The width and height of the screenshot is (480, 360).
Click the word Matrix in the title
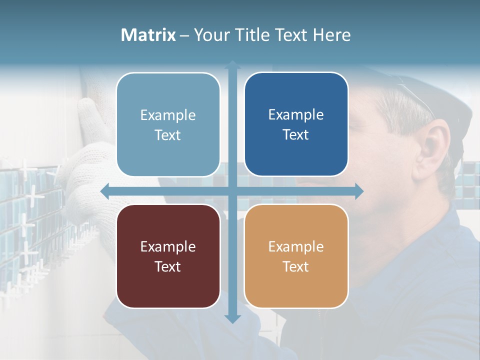pyautogui.click(x=148, y=35)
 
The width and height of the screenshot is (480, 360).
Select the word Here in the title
pyautogui.click(x=331, y=35)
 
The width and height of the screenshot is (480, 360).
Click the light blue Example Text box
pyautogui.click(x=168, y=124)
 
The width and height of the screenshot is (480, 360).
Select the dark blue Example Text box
pyautogui.click(x=296, y=124)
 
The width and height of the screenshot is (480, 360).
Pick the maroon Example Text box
pyautogui.click(x=168, y=256)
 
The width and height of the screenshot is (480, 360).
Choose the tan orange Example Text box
pyautogui.click(x=296, y=256)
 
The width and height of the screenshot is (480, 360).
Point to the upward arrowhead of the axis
pyautogui.click(x=232, y=65)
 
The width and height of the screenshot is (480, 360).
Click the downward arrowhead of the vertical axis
pyautogui.click(x=232, y=318)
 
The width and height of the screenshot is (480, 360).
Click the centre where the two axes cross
pyautogui.click(x=232, y=191)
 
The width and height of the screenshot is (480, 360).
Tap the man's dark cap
pyautogui.click(x=440, y=95)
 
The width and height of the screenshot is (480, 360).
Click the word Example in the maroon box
pyautogui.click(x=168, y=246)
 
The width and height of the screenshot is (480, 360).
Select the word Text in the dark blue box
pyautogui.click(x=296, y=134)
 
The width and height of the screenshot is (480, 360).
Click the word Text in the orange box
pyautogui.click(x=296, y=266)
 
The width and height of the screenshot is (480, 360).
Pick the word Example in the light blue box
pyautogui.click(x=168, y=115)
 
